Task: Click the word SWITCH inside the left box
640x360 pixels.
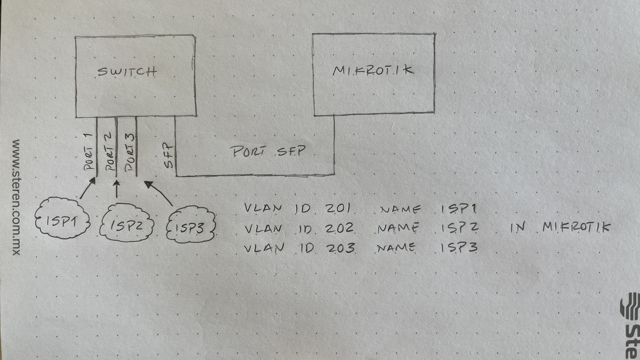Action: point(127,72)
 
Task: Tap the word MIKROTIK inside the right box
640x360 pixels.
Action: point(373,70)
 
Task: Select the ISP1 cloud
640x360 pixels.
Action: point(62,219)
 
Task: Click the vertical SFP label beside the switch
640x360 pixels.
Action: point(169,155)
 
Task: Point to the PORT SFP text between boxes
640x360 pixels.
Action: point(267,151)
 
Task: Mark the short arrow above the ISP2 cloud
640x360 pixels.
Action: point(117,189)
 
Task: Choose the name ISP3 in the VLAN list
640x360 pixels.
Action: point(459,247)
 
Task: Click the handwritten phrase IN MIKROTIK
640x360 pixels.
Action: point(560,228)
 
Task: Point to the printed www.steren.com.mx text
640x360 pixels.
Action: point(16,197)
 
